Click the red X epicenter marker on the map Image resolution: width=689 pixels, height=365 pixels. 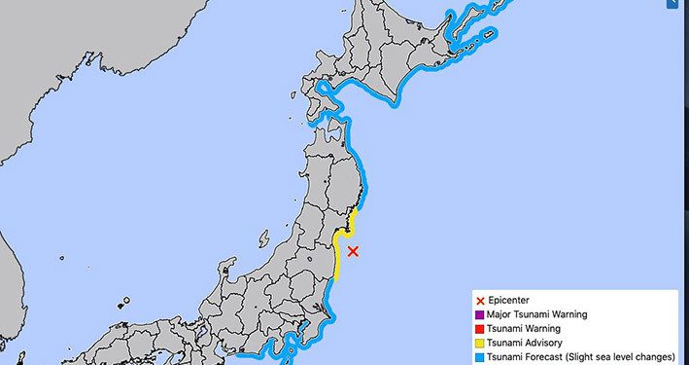pos(353,251)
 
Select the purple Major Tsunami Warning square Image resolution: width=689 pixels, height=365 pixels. pos(480,314)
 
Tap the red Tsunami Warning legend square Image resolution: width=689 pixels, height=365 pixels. pos(480,328)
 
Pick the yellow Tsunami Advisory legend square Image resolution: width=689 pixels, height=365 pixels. pos(480,343)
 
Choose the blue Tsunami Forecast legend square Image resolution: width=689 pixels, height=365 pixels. pos(480,356)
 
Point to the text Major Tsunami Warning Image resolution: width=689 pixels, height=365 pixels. pos(538,314)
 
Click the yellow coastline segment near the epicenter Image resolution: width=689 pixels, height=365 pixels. pos(336,255)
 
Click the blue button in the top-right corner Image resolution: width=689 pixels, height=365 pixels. pos(681,5)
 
